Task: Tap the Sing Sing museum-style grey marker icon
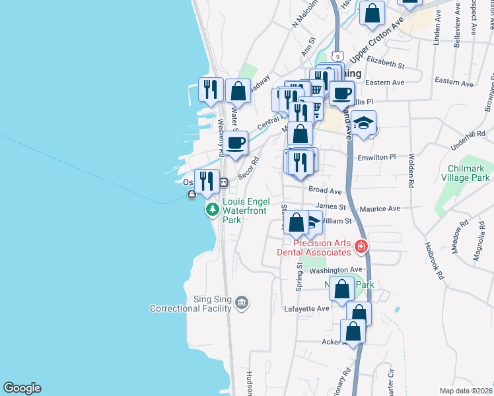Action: pos(242,302)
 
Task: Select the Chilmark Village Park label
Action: pos(468,173)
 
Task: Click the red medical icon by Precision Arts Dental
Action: pos(361,247)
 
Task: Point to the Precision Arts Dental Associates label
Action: pos(322,247)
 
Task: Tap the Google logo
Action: pos(22,388)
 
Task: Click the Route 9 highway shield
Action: pos(337,55)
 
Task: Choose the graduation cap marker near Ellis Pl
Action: pos(363,123)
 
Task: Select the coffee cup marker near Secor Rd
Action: pos(234,142)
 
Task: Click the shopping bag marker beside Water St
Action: pos(238,91)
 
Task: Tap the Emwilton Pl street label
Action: pos(376,157)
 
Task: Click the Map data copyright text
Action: pos(466,390)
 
